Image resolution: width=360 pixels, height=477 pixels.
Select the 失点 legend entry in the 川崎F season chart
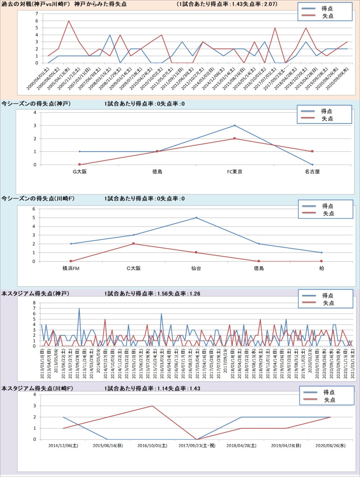pos(328,214)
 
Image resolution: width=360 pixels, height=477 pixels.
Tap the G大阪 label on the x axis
pos(80,172)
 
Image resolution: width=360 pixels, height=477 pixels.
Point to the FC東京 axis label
pos(234,172)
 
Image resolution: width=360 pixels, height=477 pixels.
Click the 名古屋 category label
pos(312,172)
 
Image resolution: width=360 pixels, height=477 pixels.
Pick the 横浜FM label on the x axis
pos(71,268)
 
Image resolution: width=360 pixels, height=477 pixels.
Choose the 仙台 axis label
pos(196,268)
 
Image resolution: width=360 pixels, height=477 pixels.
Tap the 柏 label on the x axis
pos(321,268)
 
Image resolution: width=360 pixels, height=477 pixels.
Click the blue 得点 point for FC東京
pos(235,126)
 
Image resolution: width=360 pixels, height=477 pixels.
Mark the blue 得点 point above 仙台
pos(196,218)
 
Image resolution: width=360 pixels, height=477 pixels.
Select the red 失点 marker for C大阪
pos(134,244)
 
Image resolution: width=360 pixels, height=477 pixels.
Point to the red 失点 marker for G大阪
pos(80,164)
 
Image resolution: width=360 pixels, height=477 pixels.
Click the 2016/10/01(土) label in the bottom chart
pos(152,445)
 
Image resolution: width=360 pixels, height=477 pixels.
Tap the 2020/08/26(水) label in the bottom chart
pos(330,445)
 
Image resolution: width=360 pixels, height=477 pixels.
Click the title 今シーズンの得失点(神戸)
pos(36,104)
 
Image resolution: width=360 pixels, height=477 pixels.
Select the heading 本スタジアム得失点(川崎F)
pos(37,389)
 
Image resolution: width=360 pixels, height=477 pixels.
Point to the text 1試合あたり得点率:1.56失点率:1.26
pos(152,294)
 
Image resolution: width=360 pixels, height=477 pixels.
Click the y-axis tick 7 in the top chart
pos(37,14)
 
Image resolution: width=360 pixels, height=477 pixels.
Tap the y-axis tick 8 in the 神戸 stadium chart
pos(34,303)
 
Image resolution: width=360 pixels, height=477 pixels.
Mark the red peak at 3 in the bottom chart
pos(152,406)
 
